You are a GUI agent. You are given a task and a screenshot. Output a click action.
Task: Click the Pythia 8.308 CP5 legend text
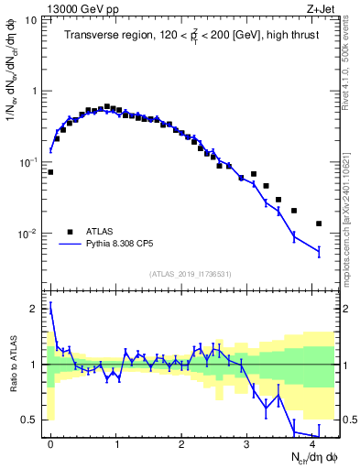coord(123,245)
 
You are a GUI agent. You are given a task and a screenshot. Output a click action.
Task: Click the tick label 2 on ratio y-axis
coord(34,309)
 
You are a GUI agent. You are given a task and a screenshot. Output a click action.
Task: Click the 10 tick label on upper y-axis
coord(30,19)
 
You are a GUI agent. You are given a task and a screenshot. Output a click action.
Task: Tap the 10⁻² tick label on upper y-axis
coord(27,234)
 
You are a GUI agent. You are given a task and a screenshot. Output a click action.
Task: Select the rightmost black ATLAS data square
coord(319,224)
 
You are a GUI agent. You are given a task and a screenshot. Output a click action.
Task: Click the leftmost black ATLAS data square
coord(50,171)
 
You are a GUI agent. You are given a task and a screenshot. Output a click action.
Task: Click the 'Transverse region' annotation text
coord(104,36)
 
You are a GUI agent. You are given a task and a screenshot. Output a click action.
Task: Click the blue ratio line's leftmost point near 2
coord(50,309)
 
